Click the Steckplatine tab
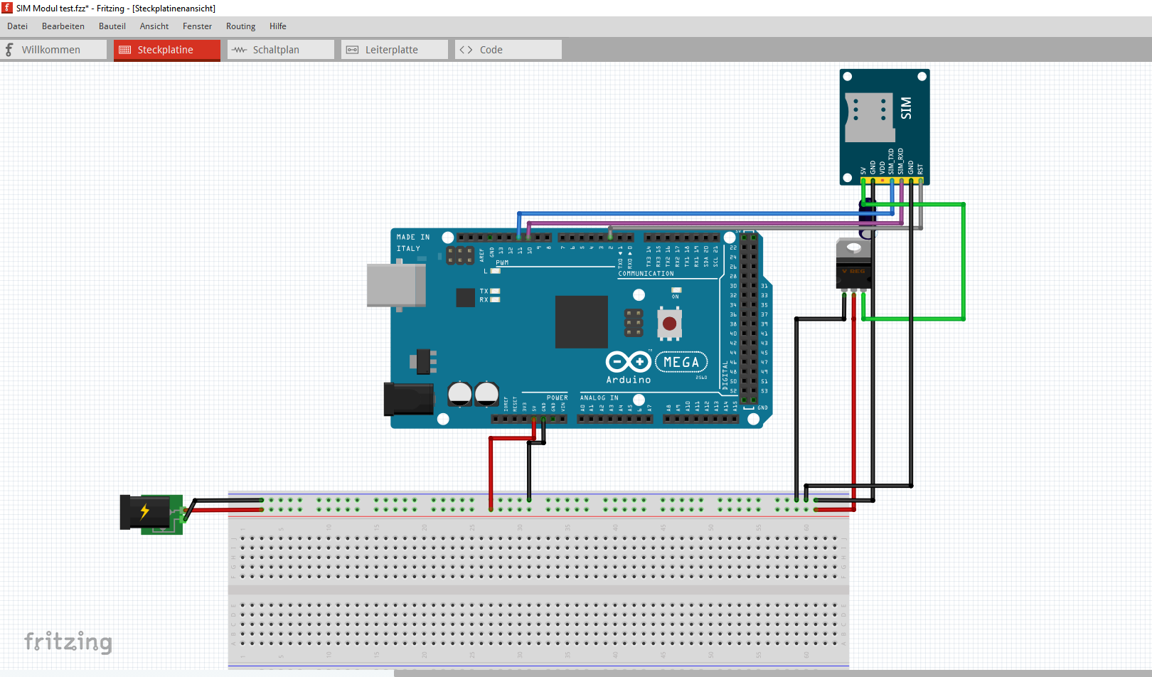point(166,50)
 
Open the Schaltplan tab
point(280,50)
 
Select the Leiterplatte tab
point(394,50)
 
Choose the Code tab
point(508,50)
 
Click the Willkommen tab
point(53,50)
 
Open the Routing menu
point(240,26)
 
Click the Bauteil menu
point(112,26)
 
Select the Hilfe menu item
point(277,26)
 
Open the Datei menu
point(18,26)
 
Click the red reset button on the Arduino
point(669,324)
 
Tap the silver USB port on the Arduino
point(395,285)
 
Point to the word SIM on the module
point(906,108)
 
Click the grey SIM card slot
point(869,117)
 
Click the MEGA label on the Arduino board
point(681,362)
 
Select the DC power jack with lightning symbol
point(151,513)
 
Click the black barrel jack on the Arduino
point(408,399)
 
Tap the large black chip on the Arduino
point(581,322)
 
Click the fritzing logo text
point(68,641)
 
